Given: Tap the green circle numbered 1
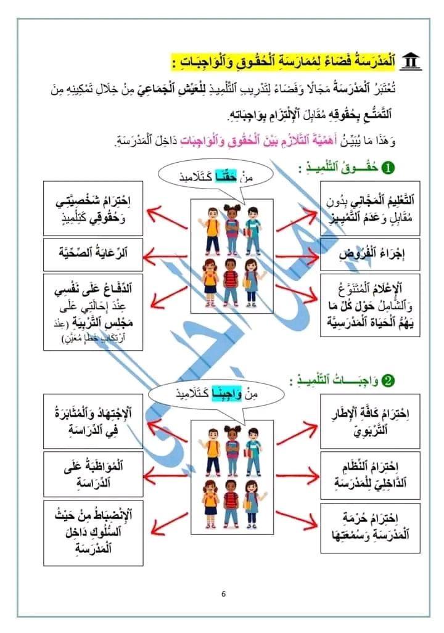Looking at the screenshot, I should coord(388,168).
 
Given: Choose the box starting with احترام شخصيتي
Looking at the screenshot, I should coord(93,208).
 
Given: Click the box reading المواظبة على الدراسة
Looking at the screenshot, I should coord(93,473).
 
